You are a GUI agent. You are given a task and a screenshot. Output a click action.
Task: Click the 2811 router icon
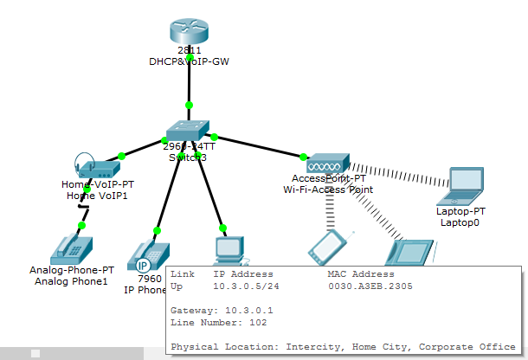point(190,33)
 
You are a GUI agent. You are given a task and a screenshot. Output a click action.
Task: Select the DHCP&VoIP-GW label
point(189,61)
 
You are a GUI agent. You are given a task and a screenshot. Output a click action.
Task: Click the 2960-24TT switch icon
point(189,130)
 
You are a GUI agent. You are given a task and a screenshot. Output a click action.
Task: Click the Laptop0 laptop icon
point(468,179)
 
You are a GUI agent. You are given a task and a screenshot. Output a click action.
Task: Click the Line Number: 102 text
point(218,322)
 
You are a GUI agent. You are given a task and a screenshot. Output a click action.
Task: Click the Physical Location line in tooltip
point(343,346)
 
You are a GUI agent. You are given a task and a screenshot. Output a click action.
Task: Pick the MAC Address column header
point(362,273)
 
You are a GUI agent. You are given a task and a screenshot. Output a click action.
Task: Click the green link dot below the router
point(190,106)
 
